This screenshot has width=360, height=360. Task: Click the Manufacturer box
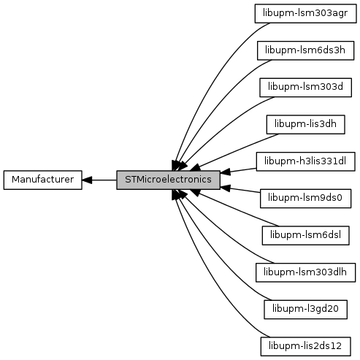coord(43,180)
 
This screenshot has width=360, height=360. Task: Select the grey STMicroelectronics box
coord(168,180)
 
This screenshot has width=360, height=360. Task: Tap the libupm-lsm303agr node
coord(305,13)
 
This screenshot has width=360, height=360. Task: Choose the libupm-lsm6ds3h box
coord(305,50)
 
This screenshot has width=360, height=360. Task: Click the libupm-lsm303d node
coord(305,88)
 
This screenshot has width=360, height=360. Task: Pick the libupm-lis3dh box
coord(305,124)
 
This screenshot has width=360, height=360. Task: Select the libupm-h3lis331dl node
coord(305,161)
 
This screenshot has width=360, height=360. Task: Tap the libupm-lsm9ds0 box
coord(305,199)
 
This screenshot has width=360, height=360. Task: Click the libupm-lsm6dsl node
coord(305,235)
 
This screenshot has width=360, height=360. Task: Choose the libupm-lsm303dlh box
coord(305,272)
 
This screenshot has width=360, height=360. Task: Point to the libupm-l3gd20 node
coord(305,310)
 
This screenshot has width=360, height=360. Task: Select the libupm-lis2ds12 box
coord(305,346)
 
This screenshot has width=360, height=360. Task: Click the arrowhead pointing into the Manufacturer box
coord(87,180)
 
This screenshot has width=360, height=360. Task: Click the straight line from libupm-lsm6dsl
coord(237,210)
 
